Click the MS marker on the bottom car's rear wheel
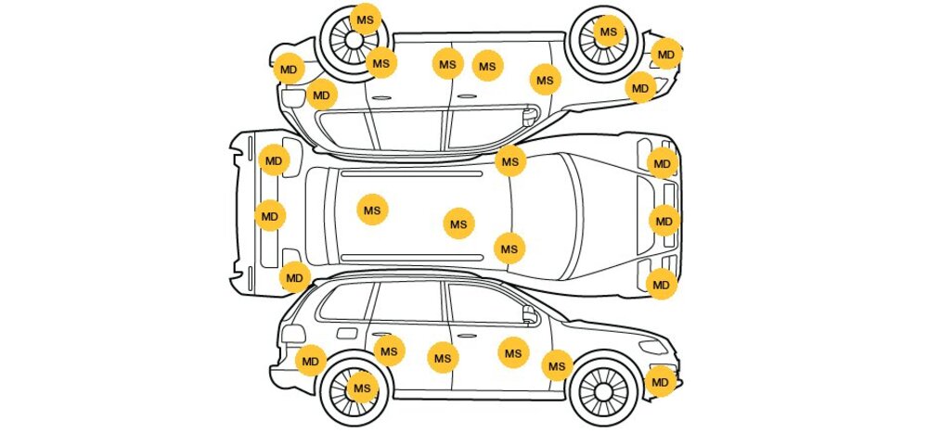pyautogui.click(x=362, y=388)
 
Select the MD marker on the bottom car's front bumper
pyautogui.click(x=660, y=381)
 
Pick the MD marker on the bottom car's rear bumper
pyautogui.click(x=311, y=361)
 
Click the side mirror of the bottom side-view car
pyautogui.click(x=531, y=317)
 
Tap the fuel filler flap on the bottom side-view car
pyautogui.click(x=346, y=333)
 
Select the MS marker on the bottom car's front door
pyautogui.click(x=513, y=352)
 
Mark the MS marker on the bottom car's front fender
pyautogui.click(x=556, y=366)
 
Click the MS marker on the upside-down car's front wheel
pyautogui.click(x=608, y=32)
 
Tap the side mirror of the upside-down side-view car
pyautogui.click(x=530, y=116)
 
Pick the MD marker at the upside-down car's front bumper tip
pyautogui.click(x=665, y=54)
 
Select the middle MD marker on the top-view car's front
pyautogui.click(x=664, y=221)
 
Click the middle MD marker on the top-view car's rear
pyautogui.click(x=269, y=217)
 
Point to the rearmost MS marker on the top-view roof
pyautogui.click(x=372, y=210)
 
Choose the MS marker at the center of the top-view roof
pyautogui.click(x=458, y=223)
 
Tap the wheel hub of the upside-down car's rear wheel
pyautogui.click(x=354, y=41)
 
